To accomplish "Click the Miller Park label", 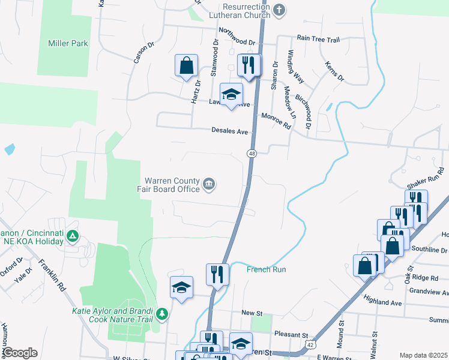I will [x=68, y=43].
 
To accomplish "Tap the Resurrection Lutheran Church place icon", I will [x=279, y=10].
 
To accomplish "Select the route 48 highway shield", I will [x=252, y=154].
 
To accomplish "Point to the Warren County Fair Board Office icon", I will [x=209, y=184].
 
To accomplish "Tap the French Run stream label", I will [x=266, y=269].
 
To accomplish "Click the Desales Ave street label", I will [x=230, y=131].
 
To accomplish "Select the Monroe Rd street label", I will [x=276, y=121].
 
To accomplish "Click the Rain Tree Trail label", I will [x=318, y=39].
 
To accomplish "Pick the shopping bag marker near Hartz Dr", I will [x=187, y=65].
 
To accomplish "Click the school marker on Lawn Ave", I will [x=232, y=94].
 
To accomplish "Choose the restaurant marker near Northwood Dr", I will [x=249, y=65].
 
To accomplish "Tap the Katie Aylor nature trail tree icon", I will [x=161, y=314].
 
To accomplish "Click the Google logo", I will [x=20, y=352].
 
